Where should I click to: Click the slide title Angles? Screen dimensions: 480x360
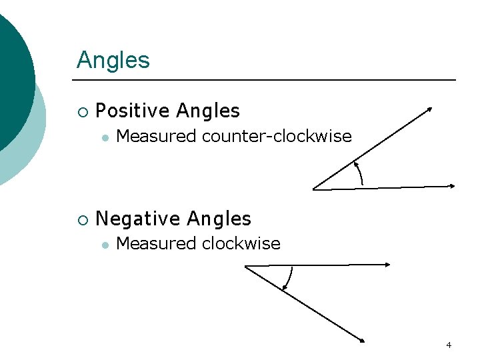[113, 60]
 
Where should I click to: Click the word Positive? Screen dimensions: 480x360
[133, 111]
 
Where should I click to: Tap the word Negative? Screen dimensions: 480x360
[139, 219]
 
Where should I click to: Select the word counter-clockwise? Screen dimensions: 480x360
[276, 137]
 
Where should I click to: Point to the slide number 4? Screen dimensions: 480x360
[449, 345]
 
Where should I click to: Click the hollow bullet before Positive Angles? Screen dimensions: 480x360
[83, 111]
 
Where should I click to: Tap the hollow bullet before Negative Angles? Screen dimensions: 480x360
[83, 219]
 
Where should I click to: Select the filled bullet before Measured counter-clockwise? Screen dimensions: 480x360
[105, 137]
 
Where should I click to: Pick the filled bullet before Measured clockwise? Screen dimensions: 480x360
[105, 245]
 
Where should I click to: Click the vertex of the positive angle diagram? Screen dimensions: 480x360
[314, 189]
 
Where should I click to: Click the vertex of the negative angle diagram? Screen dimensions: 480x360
[245, 267]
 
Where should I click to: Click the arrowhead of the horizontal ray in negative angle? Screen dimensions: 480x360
[387, 265]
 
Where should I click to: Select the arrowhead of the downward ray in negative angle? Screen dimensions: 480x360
[362, 341]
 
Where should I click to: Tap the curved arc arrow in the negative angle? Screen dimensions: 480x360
[289, 279]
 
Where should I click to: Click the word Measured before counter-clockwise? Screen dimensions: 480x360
[157, 137]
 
